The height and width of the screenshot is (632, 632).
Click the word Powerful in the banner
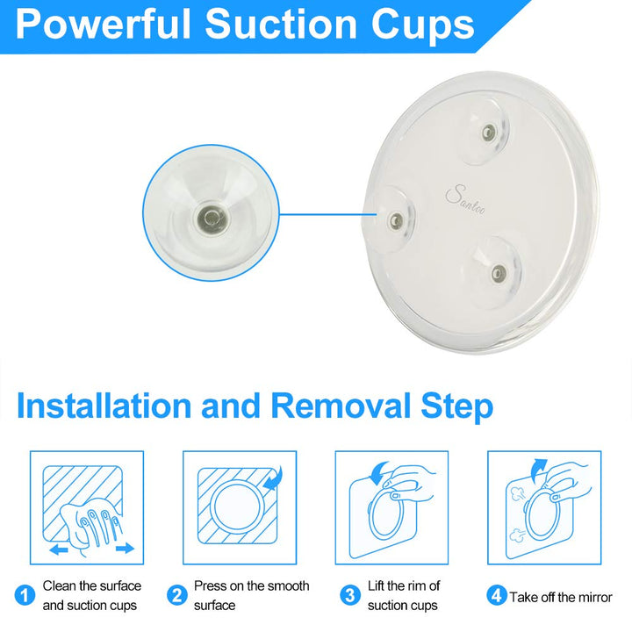pos(103,25)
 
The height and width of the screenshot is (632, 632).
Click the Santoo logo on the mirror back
pos(465,200)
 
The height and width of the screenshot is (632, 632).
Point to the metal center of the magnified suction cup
pos(210,219)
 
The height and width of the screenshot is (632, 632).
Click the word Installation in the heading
pos(104,406)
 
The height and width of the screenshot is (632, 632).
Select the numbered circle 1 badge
pos(25,595)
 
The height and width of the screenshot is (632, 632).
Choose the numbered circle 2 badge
pos(177,595)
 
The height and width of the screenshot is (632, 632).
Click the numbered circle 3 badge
pos(350,595)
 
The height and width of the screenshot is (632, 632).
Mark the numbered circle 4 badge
pos(497,595)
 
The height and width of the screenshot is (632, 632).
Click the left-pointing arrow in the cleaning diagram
pos(59,549)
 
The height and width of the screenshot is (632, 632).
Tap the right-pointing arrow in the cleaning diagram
pos(125,548)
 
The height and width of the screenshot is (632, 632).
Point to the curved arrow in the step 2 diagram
pos(275,479)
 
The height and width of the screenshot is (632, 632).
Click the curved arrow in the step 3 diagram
pos(378,472)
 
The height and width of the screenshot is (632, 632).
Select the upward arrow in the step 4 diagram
pos(538,470)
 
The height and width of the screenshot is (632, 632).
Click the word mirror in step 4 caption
pos(594,597)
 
